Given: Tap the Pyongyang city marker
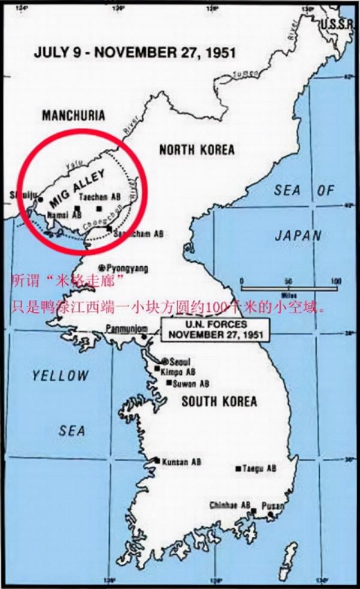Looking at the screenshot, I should [103, 268].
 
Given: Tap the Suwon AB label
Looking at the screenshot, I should [191, 383].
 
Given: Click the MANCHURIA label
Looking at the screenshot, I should [73, 115].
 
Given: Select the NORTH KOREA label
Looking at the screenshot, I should [197, 149].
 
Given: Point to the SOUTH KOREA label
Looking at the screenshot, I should [219, 401].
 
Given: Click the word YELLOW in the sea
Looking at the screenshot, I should [60, 376].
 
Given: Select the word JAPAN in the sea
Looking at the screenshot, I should [298, 236].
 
